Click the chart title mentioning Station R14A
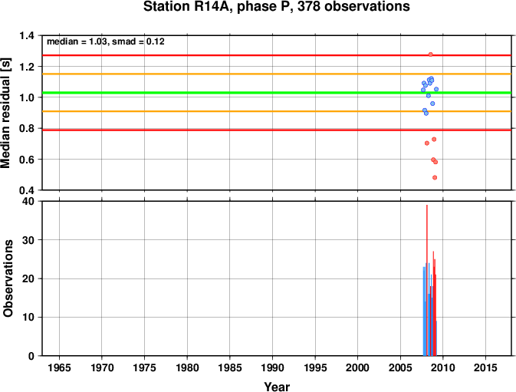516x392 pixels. [x=277, y=7]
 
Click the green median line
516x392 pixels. [x=277, y=93]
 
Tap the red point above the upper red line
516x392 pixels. [x=430, y=54]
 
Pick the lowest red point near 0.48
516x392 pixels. [x=435, y=178]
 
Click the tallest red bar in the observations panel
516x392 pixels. [x=427, y=280]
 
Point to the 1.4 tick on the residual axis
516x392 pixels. [x=27, y=35]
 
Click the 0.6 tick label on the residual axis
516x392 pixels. [x=27, y=160]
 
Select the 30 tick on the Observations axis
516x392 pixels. [x=28, y=240]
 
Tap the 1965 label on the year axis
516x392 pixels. [x=59, y=367]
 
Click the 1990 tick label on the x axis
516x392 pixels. [x=272, y=367]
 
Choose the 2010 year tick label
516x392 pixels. [x=443, y=367]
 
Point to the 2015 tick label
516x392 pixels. [x=486, y=367]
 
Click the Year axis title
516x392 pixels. [x=277, y=387]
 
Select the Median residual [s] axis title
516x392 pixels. [x=6, y=113]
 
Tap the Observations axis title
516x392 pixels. [x=8, y=278]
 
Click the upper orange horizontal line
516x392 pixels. [x=277, y=74]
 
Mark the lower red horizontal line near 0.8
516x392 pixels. [x=277, y=130]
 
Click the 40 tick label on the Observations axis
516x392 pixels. [x=28, y=201]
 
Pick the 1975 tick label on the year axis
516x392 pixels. [x=144, y=367]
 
